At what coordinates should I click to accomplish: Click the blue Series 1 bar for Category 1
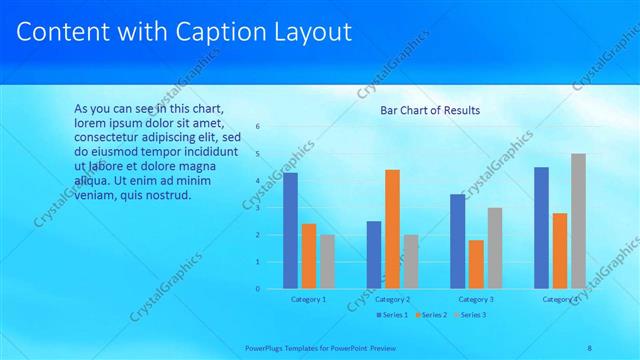click(290, 231)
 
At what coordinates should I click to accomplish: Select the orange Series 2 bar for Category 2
click(392, 229)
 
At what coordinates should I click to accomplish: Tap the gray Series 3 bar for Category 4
click(578, 221)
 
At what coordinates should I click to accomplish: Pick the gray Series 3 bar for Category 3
click(494, 248)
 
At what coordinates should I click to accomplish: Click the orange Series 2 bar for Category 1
click(308, 256)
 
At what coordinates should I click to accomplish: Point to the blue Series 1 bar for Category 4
click(541, 228)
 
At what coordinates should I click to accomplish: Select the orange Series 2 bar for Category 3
click(476, 264)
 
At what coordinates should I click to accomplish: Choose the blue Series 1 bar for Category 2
click(374, 255)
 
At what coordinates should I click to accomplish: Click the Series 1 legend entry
click(393, 315)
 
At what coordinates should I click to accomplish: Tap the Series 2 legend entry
click(431, 315)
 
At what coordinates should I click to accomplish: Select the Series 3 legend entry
click(469, 315)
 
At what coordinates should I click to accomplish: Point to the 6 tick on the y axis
click(258, 127)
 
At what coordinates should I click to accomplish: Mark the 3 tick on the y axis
click(258, 208)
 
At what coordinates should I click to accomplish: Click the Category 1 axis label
click(308, 299)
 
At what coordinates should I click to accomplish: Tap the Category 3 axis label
click(476, 299)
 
